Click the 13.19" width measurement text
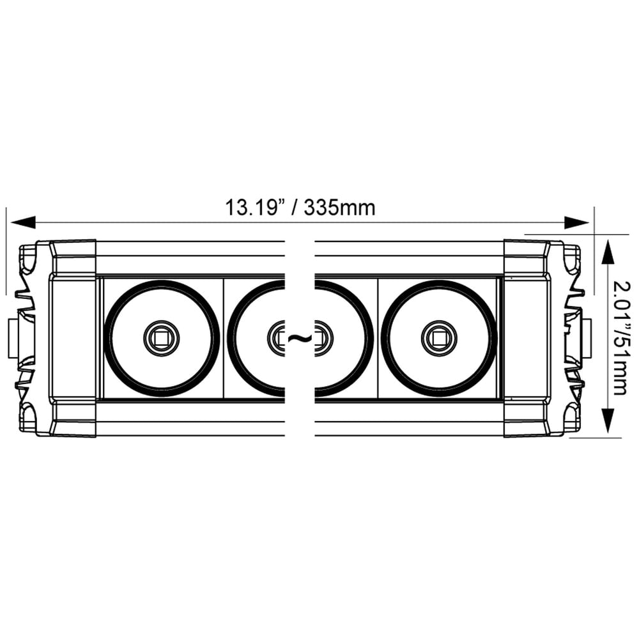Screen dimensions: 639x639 [254, 208]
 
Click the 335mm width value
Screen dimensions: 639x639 [339, 208]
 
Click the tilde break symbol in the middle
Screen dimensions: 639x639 [299, 339]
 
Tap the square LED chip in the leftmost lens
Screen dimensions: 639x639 [161, 337]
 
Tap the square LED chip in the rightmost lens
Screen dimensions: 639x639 [439, 337]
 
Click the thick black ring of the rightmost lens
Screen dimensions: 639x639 [493, 337]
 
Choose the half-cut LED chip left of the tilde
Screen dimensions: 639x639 [277, 337]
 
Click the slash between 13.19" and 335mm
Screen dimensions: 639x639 [295, 208]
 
